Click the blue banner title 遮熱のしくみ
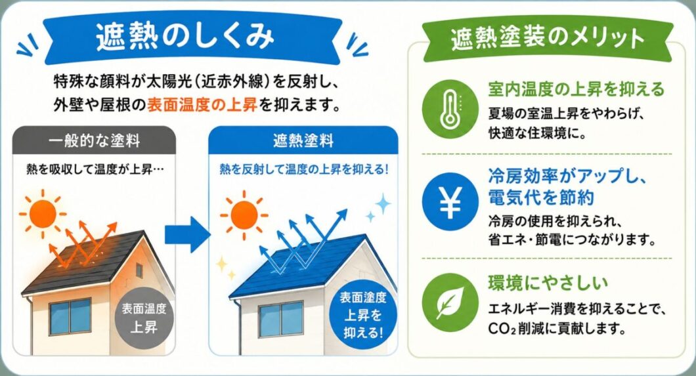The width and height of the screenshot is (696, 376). pyautogui.click(x=185, y=36)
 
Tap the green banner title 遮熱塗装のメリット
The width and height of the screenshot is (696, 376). pyautogui.click(x=548, y=37)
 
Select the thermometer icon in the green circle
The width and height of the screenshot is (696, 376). pyautogui.click(x=450, y=109)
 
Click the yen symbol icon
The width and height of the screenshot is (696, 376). pyautogui.click(x=450, y=201)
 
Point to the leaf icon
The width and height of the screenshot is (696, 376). pyautogui.click(x=450, y=303)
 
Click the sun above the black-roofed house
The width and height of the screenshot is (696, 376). pyautogui.click(x=43, y=215)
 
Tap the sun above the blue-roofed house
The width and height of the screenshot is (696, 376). pyautogui.click(x=244, y=215)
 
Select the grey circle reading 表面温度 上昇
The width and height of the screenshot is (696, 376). pyautogui.click(x=144, y=318)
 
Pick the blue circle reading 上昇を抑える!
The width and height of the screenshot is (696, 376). pyautogui.click(x=363, y=314)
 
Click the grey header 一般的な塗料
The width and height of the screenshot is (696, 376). pyautogui.click(x=95, y=141)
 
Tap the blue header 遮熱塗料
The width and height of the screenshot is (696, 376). pyautogui.click(x=303, y=141)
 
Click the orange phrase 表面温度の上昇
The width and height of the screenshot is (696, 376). pyautogui.click(x=202, y=106)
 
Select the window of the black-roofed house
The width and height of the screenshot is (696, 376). pyautogui.click(x=70, y=316)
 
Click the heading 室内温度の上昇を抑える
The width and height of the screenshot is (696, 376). pyautogui.click(x=576, y=89)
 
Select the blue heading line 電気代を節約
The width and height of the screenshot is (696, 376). pyautogui.click(x=541, y=197)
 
